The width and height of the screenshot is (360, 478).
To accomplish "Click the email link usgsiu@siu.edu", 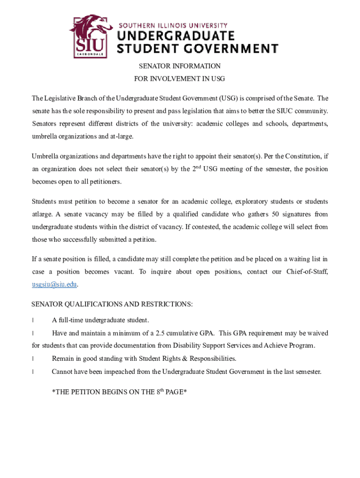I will click(x=54, y=284).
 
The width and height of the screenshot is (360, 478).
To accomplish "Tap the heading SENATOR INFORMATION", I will click(x=180, y=66).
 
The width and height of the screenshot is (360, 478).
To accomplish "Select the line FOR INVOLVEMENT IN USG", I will click(x=180, y=79).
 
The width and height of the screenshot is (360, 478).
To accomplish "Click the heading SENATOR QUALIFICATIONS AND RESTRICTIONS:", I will click(x=112, y=304).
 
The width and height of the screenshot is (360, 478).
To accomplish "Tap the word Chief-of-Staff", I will click(x=307, y=272).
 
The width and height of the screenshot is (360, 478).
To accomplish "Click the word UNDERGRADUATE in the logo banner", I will click(x=175, y=36).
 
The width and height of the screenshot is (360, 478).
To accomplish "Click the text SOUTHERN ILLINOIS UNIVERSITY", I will click(x=173, y=25).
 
